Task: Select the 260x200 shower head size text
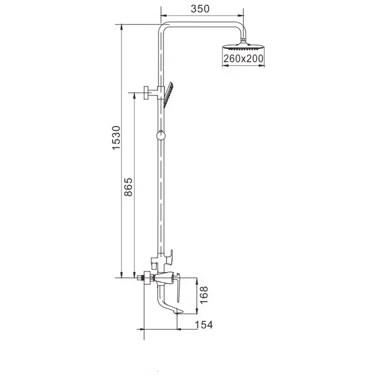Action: pos(243,58)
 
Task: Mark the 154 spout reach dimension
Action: pos(203,324)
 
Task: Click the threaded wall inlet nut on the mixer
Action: pos(139,277)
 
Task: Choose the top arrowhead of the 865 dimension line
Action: pos(135,94)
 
